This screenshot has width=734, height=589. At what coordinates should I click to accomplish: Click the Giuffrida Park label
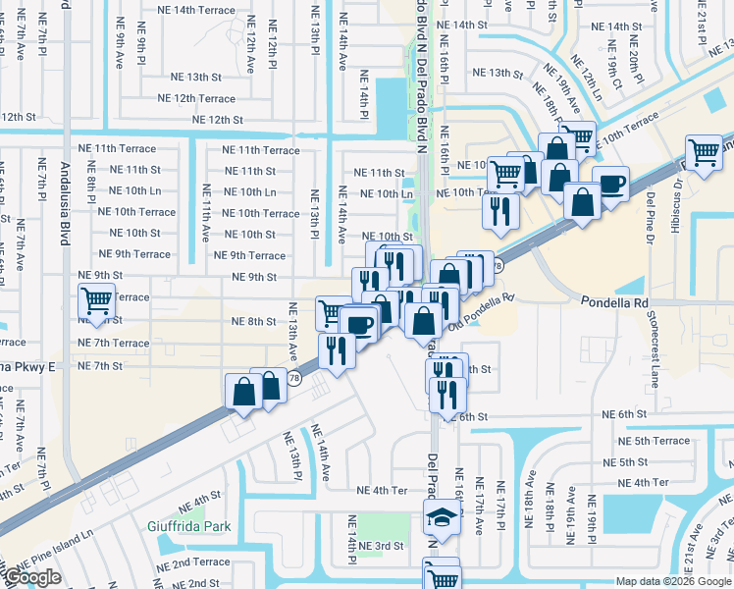197,527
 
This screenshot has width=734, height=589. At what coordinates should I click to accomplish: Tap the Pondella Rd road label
615,303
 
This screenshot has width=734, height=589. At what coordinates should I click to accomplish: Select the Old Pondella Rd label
481,310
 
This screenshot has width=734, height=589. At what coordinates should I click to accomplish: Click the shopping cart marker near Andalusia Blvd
96,300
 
